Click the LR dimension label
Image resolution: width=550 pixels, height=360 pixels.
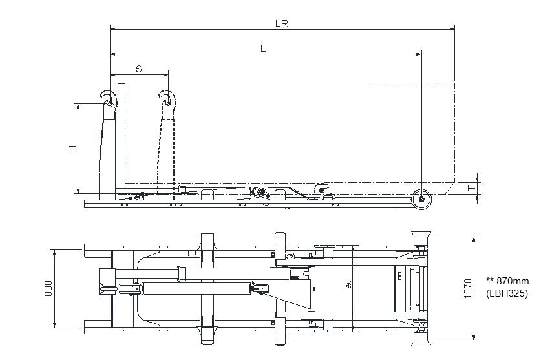[x=280, y=23]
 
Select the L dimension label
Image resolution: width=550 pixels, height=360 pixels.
[x=263, y=48]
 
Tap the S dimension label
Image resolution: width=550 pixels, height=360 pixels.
[x=139, y=68]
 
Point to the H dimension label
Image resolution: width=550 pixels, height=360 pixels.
[x=72, y=148]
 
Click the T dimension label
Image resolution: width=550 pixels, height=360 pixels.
[x=471, y=188]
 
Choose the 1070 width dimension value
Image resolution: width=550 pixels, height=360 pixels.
[x=468, y=288]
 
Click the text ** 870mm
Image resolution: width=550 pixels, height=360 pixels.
[x=507, y=281]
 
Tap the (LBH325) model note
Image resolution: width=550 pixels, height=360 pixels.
[x=507, y=293]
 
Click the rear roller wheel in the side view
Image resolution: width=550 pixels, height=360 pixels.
[x=422, y=199]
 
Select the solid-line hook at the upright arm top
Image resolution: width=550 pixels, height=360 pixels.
[x=109, y=98]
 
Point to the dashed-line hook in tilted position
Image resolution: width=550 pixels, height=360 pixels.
[x=167, y=99]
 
